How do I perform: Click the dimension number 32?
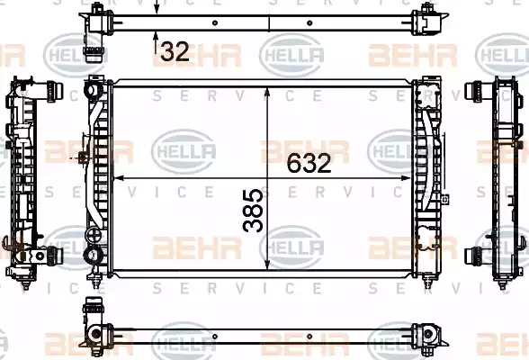coord(175,51)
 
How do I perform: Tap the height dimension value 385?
coord(254,211)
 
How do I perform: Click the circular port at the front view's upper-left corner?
coord(93,90)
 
